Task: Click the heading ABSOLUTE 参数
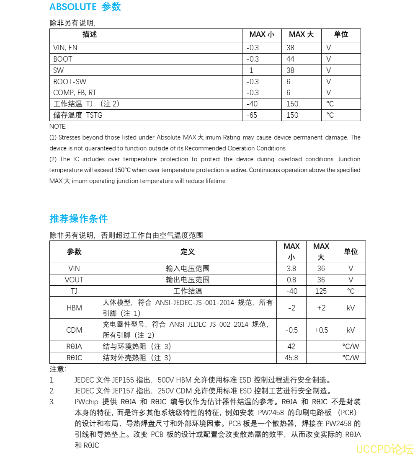(x=85, y=7)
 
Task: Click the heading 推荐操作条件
(x=78, y=218)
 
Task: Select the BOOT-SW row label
(x=70, y=81)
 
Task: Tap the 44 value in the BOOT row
(x=290, y=59)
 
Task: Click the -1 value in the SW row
(x=250, y=70)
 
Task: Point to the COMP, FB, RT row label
(x=75, y=93)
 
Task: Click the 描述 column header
(x=90, y=34)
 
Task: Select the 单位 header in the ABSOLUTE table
(x=341, y=34)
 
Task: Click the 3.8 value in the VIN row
(x=291, y=269)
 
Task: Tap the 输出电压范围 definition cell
(x=188, y=280)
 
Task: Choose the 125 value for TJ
(x=321, y=291)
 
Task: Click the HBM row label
(x=74, y=308)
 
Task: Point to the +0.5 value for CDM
(x=321, y=330)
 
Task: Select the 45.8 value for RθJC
(x=291, y=358)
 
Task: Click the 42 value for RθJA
(x=291, y=346)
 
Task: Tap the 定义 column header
(x=188, y=252)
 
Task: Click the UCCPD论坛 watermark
(x=383, y=449)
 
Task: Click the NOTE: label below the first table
(x=58, y=126)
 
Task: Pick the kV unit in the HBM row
(x=351, y=308)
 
